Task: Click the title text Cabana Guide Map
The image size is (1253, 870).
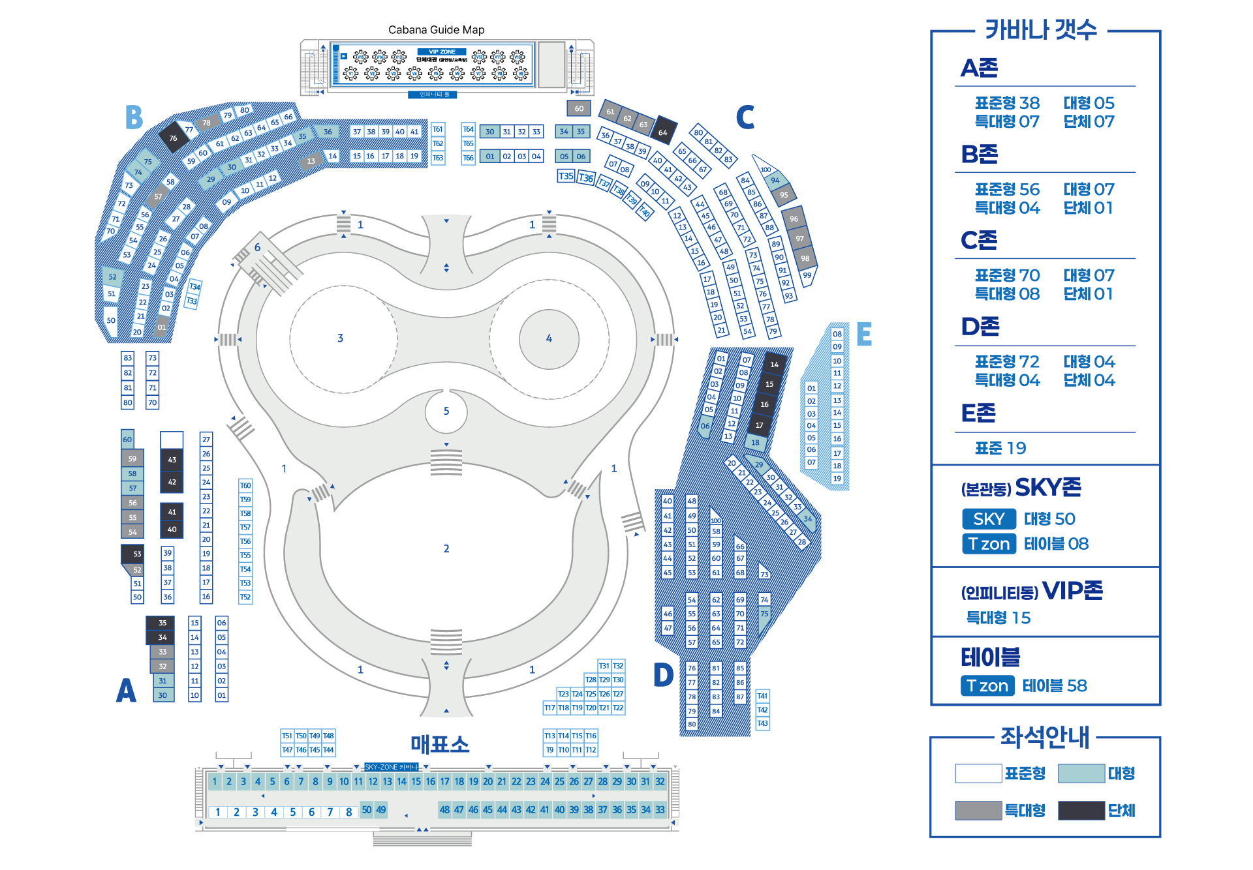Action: click(436, 30)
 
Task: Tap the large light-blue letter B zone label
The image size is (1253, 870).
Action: click(134, 118)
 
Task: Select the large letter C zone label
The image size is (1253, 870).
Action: click(745, 117)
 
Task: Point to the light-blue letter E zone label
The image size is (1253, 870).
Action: click(863, 334)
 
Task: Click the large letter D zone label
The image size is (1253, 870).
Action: click(663, 675)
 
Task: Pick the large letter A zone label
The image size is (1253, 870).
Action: click(126, 691)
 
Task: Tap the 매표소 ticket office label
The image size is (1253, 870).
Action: click(440, 744)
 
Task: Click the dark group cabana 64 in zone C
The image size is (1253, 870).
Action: click(663, 132)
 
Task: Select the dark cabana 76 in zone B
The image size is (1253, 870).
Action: click(173, 138)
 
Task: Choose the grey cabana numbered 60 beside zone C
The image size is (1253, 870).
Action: click(579, 109)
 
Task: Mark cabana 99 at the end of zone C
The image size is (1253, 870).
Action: click(807, 275)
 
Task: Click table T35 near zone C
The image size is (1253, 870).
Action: click(566, 176)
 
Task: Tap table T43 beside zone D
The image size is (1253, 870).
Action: click(762, 724)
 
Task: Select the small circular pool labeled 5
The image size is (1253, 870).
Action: click(446, 412)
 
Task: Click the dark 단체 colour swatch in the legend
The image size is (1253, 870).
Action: click(1081, 811)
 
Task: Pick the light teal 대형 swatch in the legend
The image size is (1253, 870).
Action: click(1081, 773)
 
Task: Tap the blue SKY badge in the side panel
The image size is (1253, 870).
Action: click(989, 519)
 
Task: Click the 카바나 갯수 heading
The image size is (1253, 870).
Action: click(1041, 30)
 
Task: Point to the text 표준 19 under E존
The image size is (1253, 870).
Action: click(1000, 448)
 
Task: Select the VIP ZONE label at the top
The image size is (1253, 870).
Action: click(442, 52)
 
